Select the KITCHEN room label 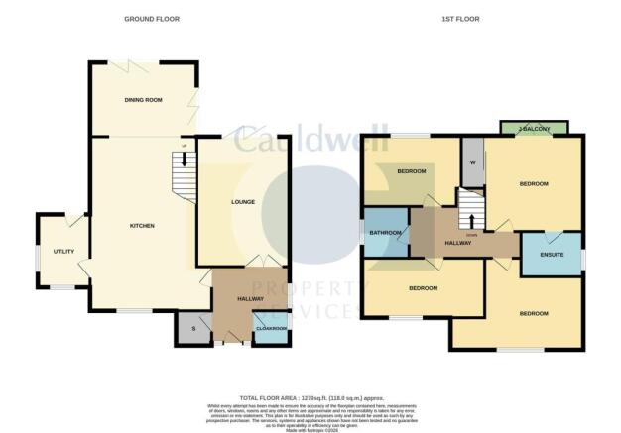coord(142,226)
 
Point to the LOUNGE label coord(243,202)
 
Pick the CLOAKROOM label coord(270,328)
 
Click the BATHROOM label coord(385,233)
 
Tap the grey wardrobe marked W coord(472,162)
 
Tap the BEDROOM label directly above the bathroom coord(411,171)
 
